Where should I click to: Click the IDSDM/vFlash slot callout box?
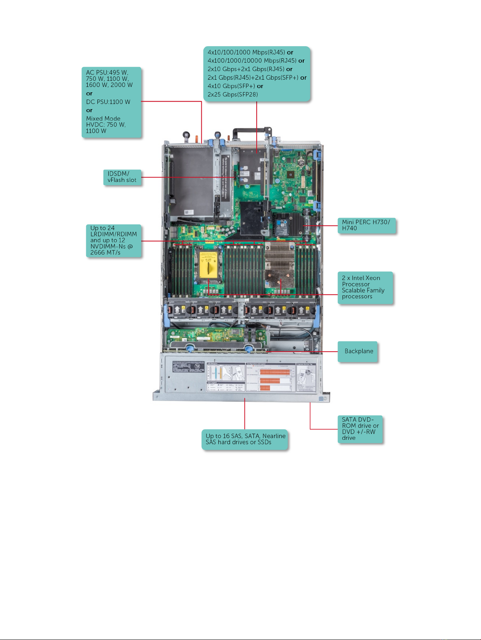point(122,177)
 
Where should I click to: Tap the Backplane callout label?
point(358,351)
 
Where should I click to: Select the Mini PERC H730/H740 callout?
point(366,225)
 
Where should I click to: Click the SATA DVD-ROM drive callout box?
point(360,429)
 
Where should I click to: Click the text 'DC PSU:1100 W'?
point(108,102)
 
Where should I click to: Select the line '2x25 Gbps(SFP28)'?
point(232,95)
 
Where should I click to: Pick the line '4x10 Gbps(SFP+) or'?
point(235,86)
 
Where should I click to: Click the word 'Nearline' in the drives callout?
point(274,436)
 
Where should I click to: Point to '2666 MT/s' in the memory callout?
point(105,252)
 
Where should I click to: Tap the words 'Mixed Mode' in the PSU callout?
point(103,119)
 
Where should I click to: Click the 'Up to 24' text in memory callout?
point(102,228)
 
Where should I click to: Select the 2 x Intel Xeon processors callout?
point(365,287)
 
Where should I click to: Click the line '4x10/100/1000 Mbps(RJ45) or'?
point(250,52)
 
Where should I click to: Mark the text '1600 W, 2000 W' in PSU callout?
point(109,85)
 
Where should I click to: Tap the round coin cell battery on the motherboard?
point(301,162)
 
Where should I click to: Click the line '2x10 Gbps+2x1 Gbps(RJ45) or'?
point(250,69)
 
